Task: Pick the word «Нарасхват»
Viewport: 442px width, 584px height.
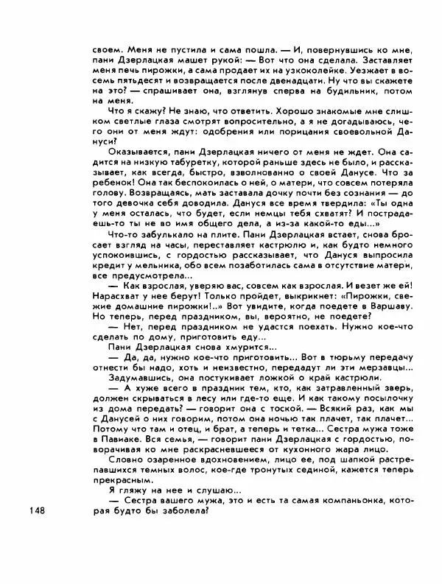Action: [x=117, y=294]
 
